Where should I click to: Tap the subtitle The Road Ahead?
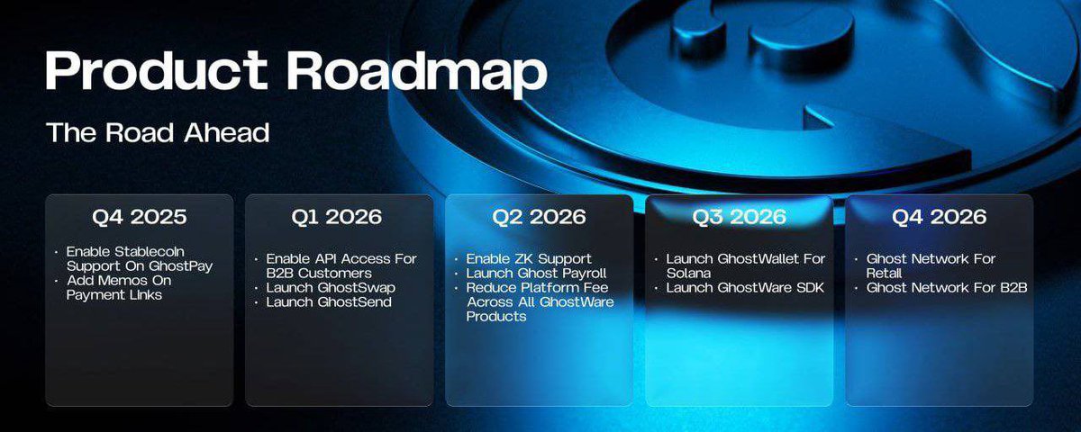tap(158, 132)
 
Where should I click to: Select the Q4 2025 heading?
tap(139, 217)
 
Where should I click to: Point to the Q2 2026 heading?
tap(539, 217)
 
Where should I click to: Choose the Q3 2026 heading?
tap(739, 217)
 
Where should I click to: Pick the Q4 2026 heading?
tap(939, 217)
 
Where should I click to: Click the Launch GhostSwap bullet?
tap(331, 287)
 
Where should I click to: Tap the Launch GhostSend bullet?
tap(329, 301)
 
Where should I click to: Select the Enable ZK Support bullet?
tap(529, 259)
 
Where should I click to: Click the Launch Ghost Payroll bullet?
tap(536, 274)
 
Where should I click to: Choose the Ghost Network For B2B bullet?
tap(947, 288)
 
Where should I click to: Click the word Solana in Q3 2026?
tap(689, 274)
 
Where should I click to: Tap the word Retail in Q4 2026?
tap(885, 274)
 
